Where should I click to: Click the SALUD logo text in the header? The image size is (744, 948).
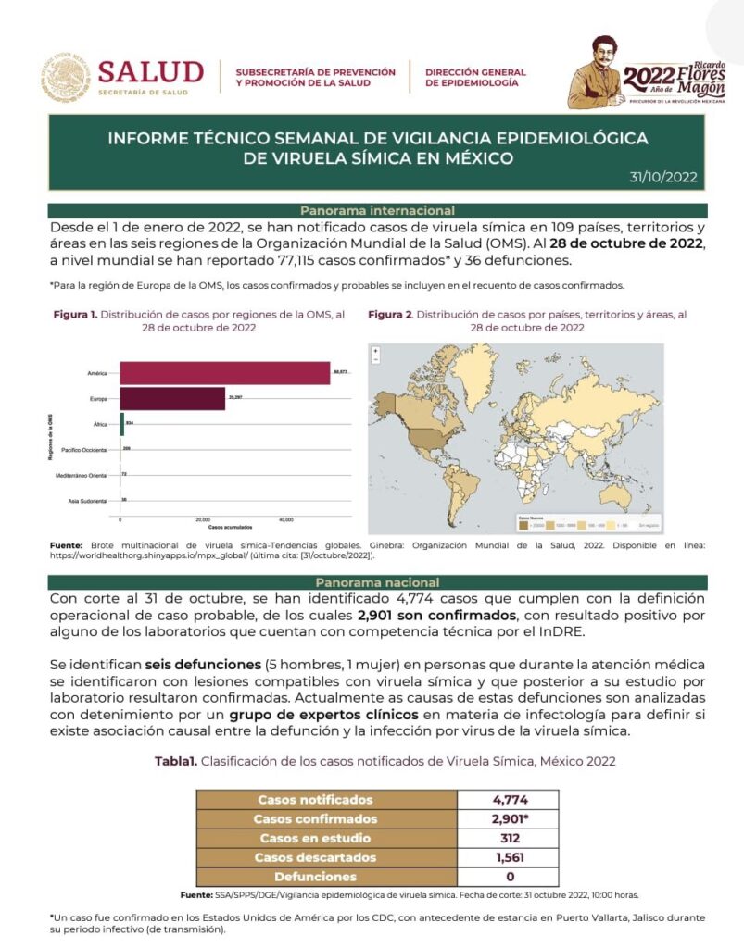point(150,71)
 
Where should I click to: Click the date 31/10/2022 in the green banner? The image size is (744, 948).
point(662,177)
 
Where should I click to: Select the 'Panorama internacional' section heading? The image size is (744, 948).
point(377,211)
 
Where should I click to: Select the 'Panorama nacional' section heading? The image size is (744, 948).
point(377,582)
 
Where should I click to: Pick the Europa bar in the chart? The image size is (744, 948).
point(173,399)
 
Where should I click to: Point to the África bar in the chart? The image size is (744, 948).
point(122,424)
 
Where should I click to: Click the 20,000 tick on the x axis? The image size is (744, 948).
point(203,519)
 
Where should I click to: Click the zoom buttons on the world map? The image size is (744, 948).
point(376,358)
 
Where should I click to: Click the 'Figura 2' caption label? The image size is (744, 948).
point(390,315)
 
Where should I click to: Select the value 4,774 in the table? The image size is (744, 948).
point(510,800)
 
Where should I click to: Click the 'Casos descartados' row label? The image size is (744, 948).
point(315,857)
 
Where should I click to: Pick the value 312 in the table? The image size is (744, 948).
point(510,838)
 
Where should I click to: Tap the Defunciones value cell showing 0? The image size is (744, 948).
point(510,876)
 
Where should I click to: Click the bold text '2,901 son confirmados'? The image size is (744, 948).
point(437,615)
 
